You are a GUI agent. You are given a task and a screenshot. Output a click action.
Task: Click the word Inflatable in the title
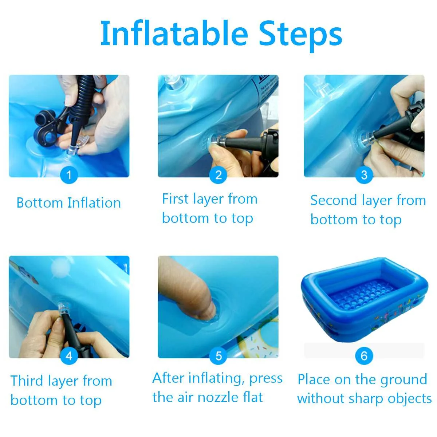tap(174, 34)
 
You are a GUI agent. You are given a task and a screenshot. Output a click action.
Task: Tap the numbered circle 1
tap(69, 175)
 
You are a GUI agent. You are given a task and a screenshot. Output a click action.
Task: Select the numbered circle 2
tap(218, 175)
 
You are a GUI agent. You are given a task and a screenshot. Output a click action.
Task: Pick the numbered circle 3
tap(364, 175)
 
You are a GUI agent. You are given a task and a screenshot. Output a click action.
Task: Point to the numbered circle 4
tap(69, 355)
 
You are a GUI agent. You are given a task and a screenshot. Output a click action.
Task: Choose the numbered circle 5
tap(218, 355)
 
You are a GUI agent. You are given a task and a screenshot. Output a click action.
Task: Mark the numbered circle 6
tap(364, 355)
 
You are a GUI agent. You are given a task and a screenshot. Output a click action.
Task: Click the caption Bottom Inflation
tap(69, 202)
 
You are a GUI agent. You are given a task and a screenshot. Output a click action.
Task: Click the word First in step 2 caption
tap(176, 199)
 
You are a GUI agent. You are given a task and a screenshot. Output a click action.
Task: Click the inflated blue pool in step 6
tap(365, 300)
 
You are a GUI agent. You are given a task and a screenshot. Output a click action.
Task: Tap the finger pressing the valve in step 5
tap(188, 289)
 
